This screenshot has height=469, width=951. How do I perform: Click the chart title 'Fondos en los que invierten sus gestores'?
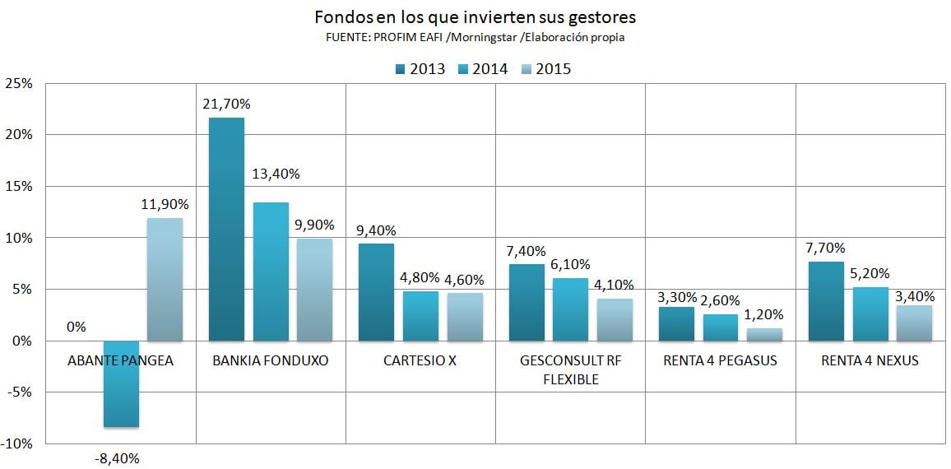tap(475, 16)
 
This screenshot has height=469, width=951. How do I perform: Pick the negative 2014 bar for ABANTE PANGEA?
tap(120, 383)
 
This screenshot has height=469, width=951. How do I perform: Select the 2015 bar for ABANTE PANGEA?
tap(165, 279)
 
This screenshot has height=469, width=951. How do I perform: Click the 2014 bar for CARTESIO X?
tap(420, 316)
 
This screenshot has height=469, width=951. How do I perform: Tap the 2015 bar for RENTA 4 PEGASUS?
tap(764, 335)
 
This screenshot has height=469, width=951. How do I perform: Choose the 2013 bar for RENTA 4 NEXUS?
tap(826, 301)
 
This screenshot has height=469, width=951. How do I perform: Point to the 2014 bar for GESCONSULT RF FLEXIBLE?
tap(571, 309)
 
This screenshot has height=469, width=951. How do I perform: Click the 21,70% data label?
tap(226, 104)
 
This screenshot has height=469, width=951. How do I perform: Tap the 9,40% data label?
tap(376, 230)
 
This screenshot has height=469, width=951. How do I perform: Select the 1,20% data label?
tap(763, 314)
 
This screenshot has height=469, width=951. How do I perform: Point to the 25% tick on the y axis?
tap(19, 83)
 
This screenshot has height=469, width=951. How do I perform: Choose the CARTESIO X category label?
tap(420, 360)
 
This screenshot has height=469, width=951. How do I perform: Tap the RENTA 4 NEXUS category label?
tap(870, 360)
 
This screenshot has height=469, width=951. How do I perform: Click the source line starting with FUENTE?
tap(475, 38)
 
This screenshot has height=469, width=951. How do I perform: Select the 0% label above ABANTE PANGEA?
tap(76, 327)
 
